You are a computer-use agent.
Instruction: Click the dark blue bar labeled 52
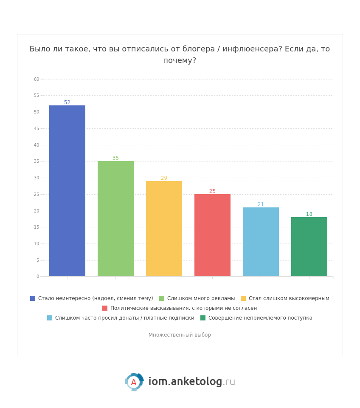point(67,191)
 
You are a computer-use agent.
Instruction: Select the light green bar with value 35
point(115,219)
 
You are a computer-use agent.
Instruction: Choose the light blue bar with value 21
point(261,242)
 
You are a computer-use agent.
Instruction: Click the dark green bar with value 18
point(309,246)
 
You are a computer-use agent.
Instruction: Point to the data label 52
point(67,102)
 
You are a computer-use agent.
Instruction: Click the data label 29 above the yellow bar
point(164,178)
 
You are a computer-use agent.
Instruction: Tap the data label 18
point(309,214)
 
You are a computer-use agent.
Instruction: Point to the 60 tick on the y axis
point(37,79)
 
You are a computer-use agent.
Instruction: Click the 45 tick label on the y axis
point(37,128)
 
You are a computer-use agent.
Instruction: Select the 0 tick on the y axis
point(37,276)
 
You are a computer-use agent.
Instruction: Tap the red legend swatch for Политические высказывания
point(105,308)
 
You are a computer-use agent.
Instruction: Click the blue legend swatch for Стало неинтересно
point(33,298)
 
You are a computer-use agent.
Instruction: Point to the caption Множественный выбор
point(180,335)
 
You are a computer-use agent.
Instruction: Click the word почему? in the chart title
point(180,60)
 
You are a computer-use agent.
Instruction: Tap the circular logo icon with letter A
point(134,382)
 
